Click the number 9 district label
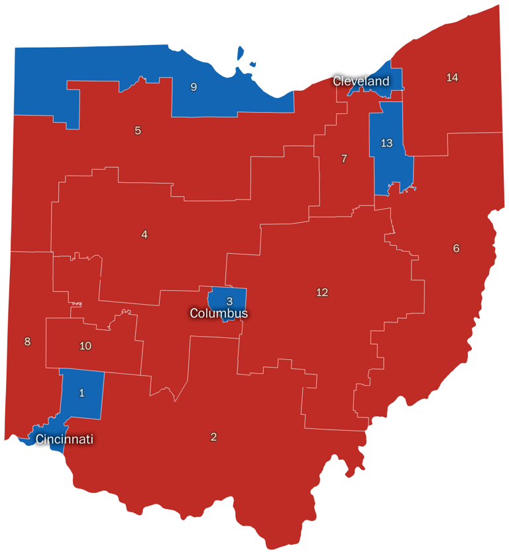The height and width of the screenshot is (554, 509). pos(194,87)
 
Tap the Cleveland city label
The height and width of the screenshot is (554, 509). pos(361,81)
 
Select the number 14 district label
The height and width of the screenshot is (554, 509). pos(452,78)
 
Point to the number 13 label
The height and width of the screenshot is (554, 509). pos(387,142)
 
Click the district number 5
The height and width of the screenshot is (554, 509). pos(138,131)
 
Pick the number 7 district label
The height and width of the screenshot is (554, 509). pos(344,158)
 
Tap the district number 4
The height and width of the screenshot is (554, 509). pos(144,234)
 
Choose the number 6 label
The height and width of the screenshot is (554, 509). pos(456,249)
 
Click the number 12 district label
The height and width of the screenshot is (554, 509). pos(322,292)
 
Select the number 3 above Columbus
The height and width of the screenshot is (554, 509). pos(229,301)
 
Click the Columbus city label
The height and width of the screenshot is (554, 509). pos(219,313)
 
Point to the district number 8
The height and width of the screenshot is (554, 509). pos(27,342)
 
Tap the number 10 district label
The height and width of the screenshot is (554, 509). pos(85,345)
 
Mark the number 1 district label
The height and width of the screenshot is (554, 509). pos(82,393)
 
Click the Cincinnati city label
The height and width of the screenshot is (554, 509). pos(64,439)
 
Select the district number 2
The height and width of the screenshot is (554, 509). pos(213,437)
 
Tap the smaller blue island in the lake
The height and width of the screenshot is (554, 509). pos(253,64)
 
